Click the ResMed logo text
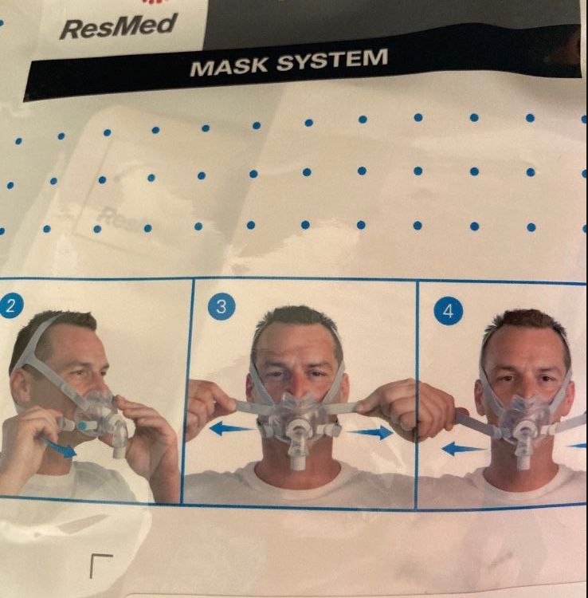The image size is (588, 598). (117, 27)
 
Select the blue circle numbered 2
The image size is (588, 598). (10, 305)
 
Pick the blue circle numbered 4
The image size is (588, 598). (448, 312)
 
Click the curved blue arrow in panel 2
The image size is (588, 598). (59, 447)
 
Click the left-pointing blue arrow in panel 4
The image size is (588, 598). (463, 448)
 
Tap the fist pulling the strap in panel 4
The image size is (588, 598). (434, 408)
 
